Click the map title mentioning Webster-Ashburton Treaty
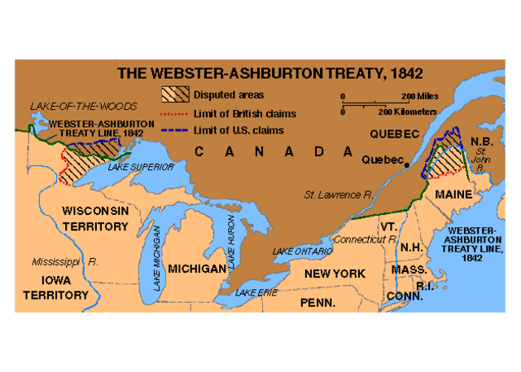269,72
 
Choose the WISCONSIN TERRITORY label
95,217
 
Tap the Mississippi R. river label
65,262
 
